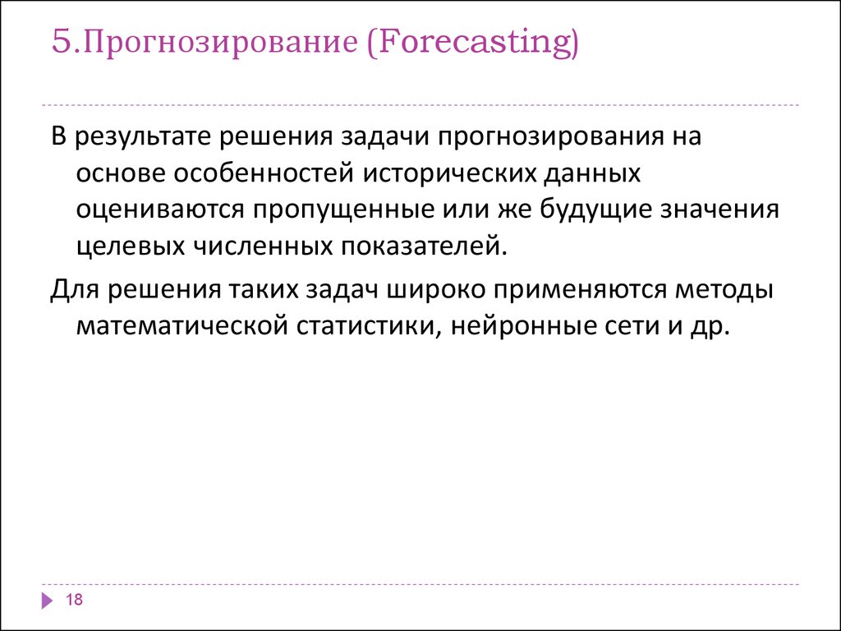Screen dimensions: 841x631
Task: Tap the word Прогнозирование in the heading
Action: pyautogui.click(x=220, y=43)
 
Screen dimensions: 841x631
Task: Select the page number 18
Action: pyautogui.click(x=74, y=599)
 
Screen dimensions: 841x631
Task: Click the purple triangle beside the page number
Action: pyautogui.click(x=47, y=600)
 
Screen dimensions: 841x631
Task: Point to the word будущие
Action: pyautogui.click(x=595, y=210)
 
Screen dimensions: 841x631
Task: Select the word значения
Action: pyautogui.click(x=719, y=208)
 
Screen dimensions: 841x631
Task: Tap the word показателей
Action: pyautogui.click(x=423, y=245)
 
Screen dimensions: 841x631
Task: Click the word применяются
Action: pyautogui.click(x=580, y=290)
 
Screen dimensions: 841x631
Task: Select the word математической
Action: pyautogui.click(x=182, y=326)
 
